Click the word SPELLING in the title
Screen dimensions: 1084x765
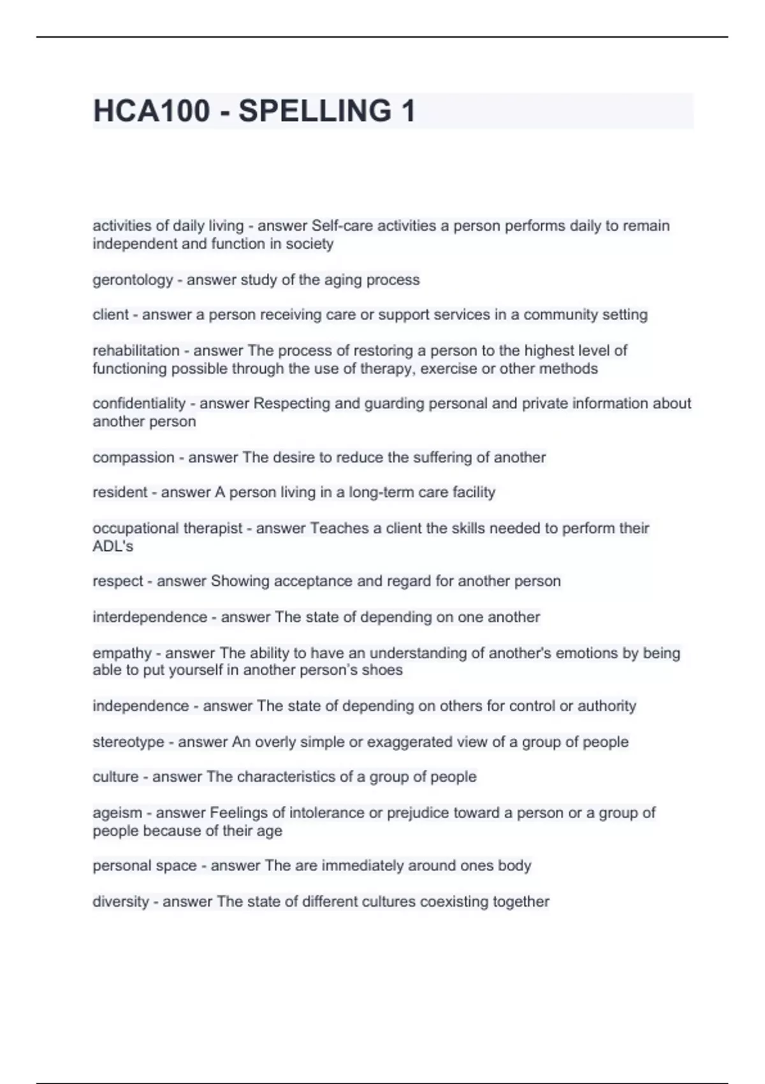[315, 111]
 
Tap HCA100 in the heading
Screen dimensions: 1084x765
[151, 111]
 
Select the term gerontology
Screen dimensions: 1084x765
[133, 280]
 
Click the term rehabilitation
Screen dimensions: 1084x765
[136, 351]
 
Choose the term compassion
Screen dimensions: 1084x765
[133, 458]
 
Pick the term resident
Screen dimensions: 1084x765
[120, 492]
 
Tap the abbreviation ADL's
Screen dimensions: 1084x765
[113, 546]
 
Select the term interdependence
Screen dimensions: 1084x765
[150, 617]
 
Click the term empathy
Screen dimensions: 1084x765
[122, 654]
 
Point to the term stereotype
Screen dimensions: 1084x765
[128, 742]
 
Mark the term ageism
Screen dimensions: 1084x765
[117, 813]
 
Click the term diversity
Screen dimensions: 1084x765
[120, 902]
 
